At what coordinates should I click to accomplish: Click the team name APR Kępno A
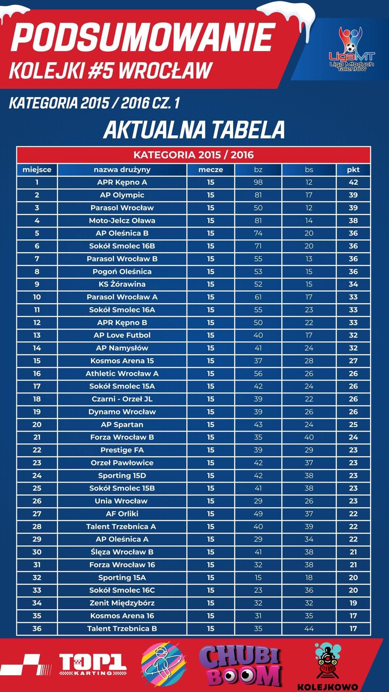pyautogui.click(x=122, y=182)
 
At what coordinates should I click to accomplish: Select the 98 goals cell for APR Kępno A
pyautogui.click(x=258, y=182)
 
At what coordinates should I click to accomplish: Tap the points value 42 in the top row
pyautogui.click(x=353, y=182)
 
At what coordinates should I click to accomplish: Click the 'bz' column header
pyautogui.click(x=258, y=170)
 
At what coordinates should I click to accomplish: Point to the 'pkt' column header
pyautogui.click(x=353, y=170)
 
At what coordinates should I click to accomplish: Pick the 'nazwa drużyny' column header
pyautogui.click(x=122, y=170)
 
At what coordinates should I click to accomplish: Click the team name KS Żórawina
pyautogui.click(x=122, y=284)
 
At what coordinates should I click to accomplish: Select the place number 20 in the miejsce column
pyautogui.click(x=37, y=424)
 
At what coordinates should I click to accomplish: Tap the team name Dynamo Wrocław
pyautogui.click(x=122, y=412)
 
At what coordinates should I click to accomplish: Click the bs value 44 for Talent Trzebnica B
pyautogui.click(x=309, y=629)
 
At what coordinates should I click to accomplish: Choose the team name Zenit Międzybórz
pyautogui.click(x=122, y=603)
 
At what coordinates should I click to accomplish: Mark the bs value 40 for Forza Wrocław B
pyautogui.click(x=309, y=437)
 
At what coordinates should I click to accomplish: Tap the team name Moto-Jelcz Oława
pyautogui.click(x=122, y=221)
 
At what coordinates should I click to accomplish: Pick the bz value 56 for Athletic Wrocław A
pyautogui.click(x=258, y=373)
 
